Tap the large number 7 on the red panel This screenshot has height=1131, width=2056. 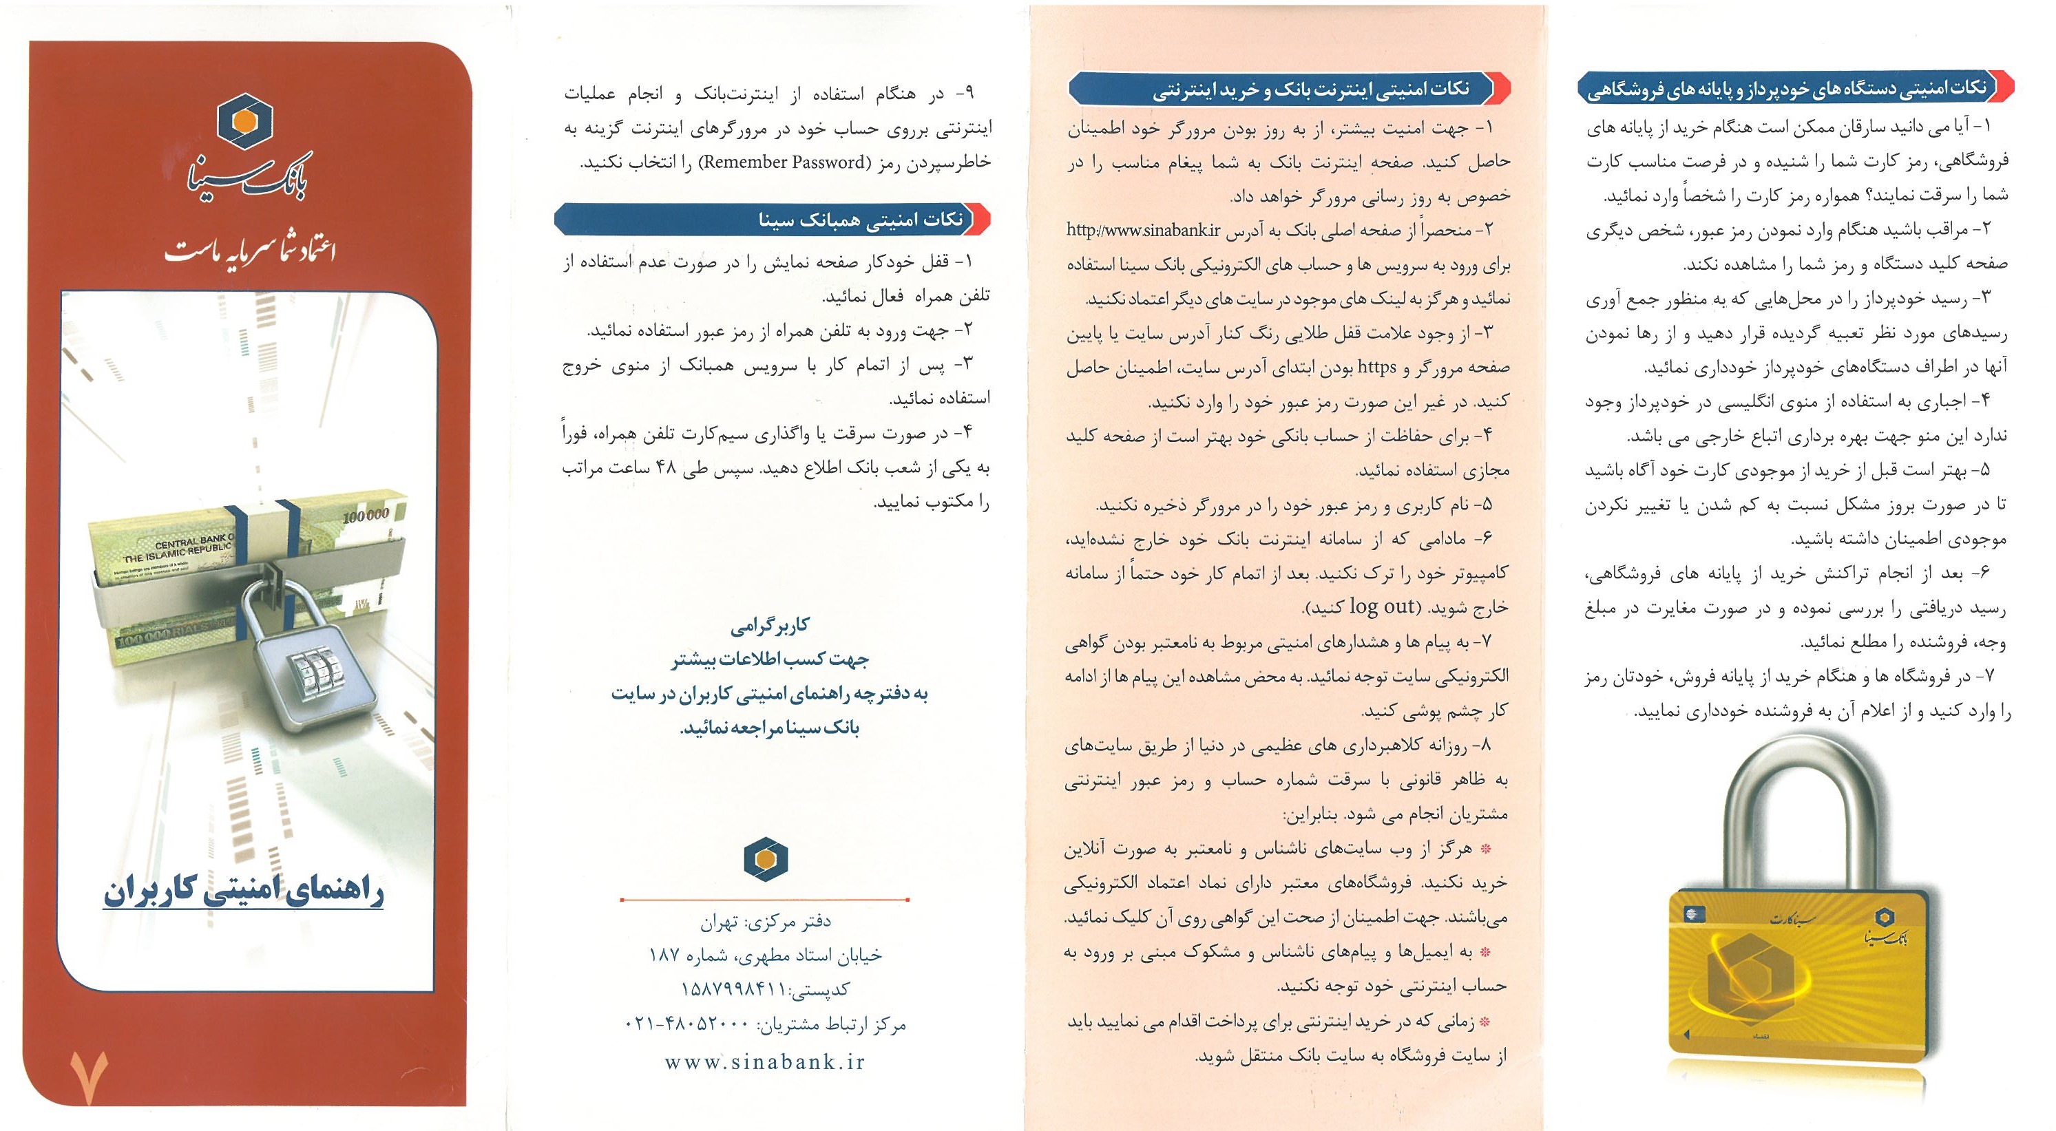click(88, 1077)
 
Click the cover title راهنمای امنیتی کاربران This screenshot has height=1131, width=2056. click(244, 891)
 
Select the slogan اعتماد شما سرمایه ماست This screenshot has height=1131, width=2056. click(249, 251)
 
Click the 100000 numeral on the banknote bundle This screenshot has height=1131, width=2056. click(366, 515)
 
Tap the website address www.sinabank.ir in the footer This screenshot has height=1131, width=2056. click(764, 1061)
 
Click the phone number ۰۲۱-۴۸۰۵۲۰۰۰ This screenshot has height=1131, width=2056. click(687, 1023)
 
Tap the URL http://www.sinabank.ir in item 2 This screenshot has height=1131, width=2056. click(1144, 231)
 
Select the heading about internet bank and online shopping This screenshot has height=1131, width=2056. click(1309, 89)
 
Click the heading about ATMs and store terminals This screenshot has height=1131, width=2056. click(1786, 89)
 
